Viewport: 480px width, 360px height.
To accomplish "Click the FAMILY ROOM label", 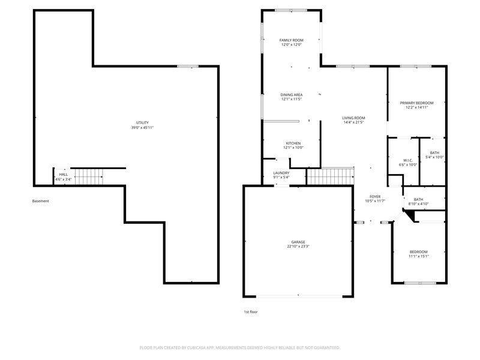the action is pyautogui.click(x=291, y=40).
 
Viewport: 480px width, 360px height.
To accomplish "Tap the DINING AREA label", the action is pyautogui.click(x=292, y=95).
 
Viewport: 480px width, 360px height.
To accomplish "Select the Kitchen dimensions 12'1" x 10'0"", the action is pyautogui.click(x=293, y=148).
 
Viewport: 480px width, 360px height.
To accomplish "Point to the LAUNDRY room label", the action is pyautogui.click(x=281, y=173).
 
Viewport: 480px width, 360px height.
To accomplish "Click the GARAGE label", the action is pyautogui.click(x=298, y=242).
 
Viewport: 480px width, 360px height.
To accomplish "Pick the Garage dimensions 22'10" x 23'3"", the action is pyautogui.click(x=298, y=246).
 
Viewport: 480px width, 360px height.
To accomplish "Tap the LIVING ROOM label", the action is pyautogui.click(x=353, y=118).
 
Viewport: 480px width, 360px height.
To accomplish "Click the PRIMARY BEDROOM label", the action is pyautogui.click(x=416, y=103).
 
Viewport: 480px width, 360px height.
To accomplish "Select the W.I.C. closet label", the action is pyautogui.click(x=408, y=160).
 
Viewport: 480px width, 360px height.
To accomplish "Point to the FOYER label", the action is pyautogui.click(x=375, y=197).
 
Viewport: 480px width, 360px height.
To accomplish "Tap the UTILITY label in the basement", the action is pyautogui.click(x=142, y=123).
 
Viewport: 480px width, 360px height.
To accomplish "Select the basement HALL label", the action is pyautogui.click(x=64, y=175).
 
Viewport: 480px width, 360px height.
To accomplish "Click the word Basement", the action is pyautogui.click(x=40, y=201).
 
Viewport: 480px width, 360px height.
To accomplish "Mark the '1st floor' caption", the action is pyautogui.click(x=251, y=312).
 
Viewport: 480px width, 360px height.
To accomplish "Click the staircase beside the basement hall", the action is pyautogui.click(x=89, y=176).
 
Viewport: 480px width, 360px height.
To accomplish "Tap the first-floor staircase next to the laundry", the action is pyautogui.click(x=331, y=176).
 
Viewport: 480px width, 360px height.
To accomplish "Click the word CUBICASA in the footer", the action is pyautogui.click(x=198, y=348).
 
